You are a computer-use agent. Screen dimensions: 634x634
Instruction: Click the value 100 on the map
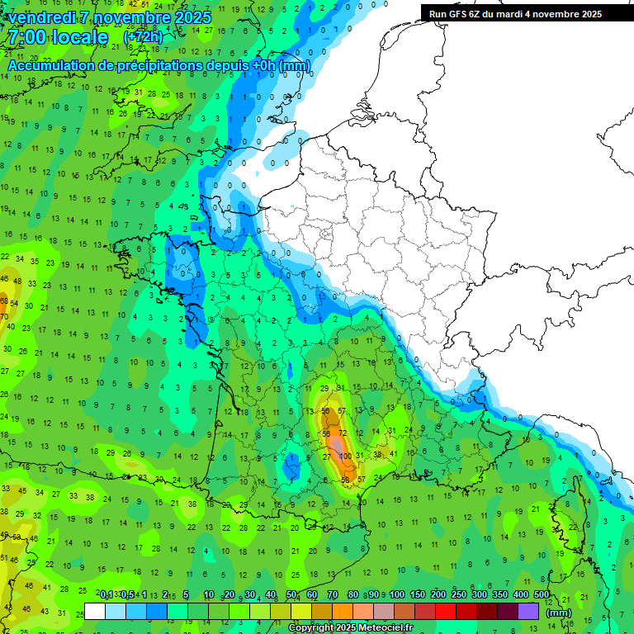coord(345,457)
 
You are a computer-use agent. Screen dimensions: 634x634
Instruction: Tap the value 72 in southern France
coord(343,433)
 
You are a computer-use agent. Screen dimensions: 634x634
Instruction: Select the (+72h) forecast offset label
coord(143,37)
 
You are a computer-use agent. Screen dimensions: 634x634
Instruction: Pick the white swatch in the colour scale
coord(95,612)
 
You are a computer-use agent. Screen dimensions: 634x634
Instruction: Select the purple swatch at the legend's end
coord(528,612)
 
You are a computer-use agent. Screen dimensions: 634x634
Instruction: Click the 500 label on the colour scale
coord(542,595)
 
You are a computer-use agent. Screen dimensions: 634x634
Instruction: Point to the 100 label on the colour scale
coord(397,595)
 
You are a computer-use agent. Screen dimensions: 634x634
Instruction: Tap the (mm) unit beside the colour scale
coord(559,613)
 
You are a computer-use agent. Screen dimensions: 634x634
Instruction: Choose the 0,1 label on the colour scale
coord(106,595)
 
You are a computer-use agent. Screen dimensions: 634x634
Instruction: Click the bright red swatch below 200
coord(446,612)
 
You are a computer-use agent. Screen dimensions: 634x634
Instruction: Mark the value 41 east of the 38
coord(394,453)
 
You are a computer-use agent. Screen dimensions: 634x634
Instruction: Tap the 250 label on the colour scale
coord(459,595)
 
